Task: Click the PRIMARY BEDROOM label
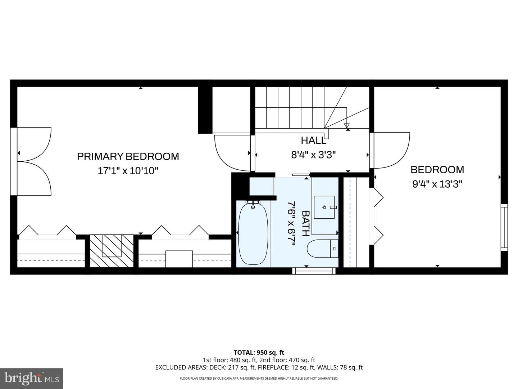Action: click(x=128, y=156)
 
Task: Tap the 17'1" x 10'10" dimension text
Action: click(x=128, y=170)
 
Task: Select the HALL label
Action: click(x=313, y=140)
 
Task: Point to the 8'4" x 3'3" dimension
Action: click(x=313, y=155)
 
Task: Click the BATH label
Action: click(x=305, y=223)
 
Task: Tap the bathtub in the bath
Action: click(x=253, y=234)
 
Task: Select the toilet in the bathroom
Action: click(x=322, y=249)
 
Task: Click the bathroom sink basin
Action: click(x=324, y=207)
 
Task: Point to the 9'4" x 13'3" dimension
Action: click(x=437, y=184)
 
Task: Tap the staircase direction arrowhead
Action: click(x=347, y=126)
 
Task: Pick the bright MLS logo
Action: click(x=32, y=378)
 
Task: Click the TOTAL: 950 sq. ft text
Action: click(x=259, y=353)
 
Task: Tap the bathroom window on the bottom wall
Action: click(x=313, y=271)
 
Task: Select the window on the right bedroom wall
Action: click(x=504, y=227)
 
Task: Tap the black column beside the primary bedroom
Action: click(x=205, y=110)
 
